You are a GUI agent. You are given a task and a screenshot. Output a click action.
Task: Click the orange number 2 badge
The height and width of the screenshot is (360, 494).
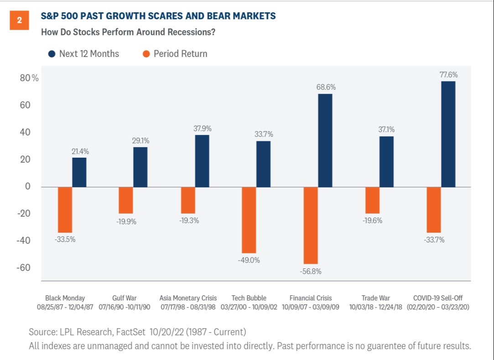coord(20,20)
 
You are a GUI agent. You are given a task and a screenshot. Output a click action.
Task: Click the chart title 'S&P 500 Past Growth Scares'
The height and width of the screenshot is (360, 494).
coord(158,16)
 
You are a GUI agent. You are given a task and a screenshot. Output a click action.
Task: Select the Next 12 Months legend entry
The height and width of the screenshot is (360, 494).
coord(84,54)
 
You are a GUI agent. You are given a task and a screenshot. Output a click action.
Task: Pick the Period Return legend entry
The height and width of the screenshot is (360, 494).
coord(176,54)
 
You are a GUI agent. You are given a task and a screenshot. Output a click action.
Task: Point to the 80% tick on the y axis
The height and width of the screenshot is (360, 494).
coord(29,78)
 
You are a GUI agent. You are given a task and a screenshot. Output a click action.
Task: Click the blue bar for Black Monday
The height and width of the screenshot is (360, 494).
coord(79,172)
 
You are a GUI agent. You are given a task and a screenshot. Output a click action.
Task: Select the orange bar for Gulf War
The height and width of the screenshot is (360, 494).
coord(126,201)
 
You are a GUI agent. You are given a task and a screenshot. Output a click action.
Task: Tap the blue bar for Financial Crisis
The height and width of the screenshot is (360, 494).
coord(325,140)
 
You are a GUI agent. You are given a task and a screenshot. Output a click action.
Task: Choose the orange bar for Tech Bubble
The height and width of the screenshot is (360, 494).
coord(249,220)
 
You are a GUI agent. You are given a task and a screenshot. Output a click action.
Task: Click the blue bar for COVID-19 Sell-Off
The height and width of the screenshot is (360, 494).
coord(448,134)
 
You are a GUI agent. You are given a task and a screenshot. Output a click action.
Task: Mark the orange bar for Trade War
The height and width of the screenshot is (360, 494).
coord(372,201)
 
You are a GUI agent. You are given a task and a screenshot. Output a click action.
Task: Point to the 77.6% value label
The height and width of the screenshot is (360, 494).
coord(448,75)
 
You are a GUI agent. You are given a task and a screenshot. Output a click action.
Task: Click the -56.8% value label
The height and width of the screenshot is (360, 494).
coord(311,272)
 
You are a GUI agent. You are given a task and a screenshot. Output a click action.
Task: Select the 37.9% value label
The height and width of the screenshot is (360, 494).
coord(202,129)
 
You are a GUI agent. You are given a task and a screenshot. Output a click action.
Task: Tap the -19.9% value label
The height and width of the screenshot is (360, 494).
coord(126,222)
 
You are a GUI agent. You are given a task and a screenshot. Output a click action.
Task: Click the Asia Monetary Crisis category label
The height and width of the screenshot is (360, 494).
coord(188,298)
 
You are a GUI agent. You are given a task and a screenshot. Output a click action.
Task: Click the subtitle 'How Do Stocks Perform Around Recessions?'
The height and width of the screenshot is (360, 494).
coord(128,32)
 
